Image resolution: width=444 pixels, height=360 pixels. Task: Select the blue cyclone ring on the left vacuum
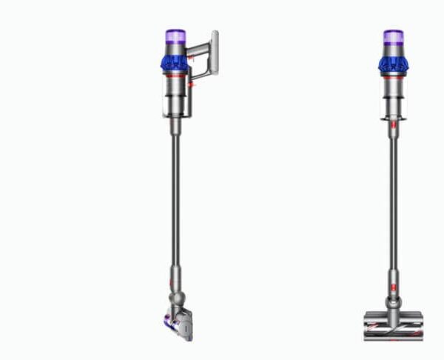[174, 62]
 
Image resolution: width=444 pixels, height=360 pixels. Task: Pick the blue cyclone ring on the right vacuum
[393, 64]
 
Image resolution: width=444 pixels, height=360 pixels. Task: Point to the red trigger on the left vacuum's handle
[192, 84]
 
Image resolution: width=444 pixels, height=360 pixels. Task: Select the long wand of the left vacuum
[175, 207]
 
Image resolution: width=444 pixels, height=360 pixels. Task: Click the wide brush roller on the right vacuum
[393, 326]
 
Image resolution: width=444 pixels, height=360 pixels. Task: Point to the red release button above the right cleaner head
[393, 282]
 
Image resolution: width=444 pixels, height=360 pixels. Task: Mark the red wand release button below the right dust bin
[393, 127]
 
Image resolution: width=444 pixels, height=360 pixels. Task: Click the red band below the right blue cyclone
[393, 76]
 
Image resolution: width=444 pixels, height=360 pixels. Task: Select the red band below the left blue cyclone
[175, 75]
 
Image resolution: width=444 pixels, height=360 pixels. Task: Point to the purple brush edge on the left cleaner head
[167, 321]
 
